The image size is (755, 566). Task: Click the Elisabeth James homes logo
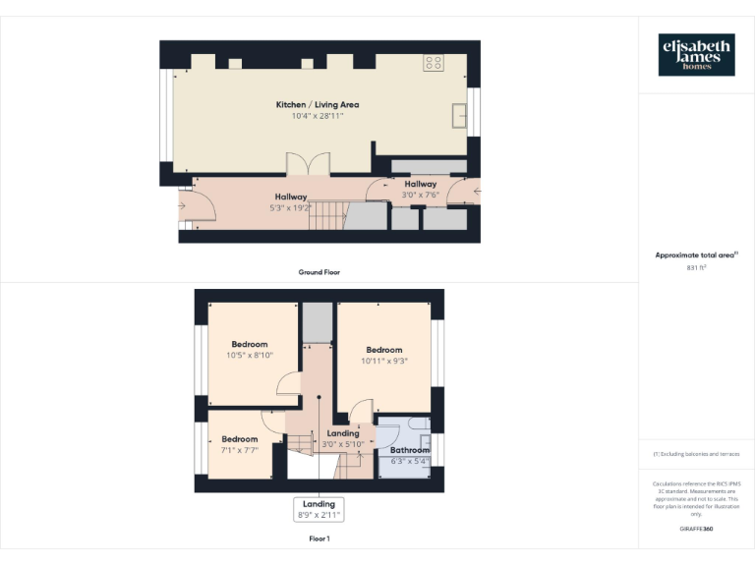click(696, 55)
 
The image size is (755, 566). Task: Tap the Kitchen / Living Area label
click(317, 104)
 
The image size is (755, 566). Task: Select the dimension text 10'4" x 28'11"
click(317, 116)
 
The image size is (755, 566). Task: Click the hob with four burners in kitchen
click(433, 63)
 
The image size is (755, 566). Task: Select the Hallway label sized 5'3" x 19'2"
click(291, 197)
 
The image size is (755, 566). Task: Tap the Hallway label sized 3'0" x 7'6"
click(420, 184)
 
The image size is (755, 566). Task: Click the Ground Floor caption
click(319, 271)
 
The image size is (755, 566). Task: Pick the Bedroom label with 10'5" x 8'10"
click(250, 344)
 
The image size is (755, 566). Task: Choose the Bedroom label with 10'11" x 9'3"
click(384, 350)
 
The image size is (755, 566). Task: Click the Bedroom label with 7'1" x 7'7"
click(239, 439)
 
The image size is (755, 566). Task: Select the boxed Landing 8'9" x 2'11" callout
click(319, 509)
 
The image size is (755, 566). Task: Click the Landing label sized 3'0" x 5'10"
click(343, 433)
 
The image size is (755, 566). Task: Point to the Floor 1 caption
click(319, 538)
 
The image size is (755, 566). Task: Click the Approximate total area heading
click(696, 255)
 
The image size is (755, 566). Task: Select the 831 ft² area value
click(696, 267)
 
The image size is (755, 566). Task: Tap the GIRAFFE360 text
click(696, 529)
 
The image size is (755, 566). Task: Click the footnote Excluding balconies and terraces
click(696, 454)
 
